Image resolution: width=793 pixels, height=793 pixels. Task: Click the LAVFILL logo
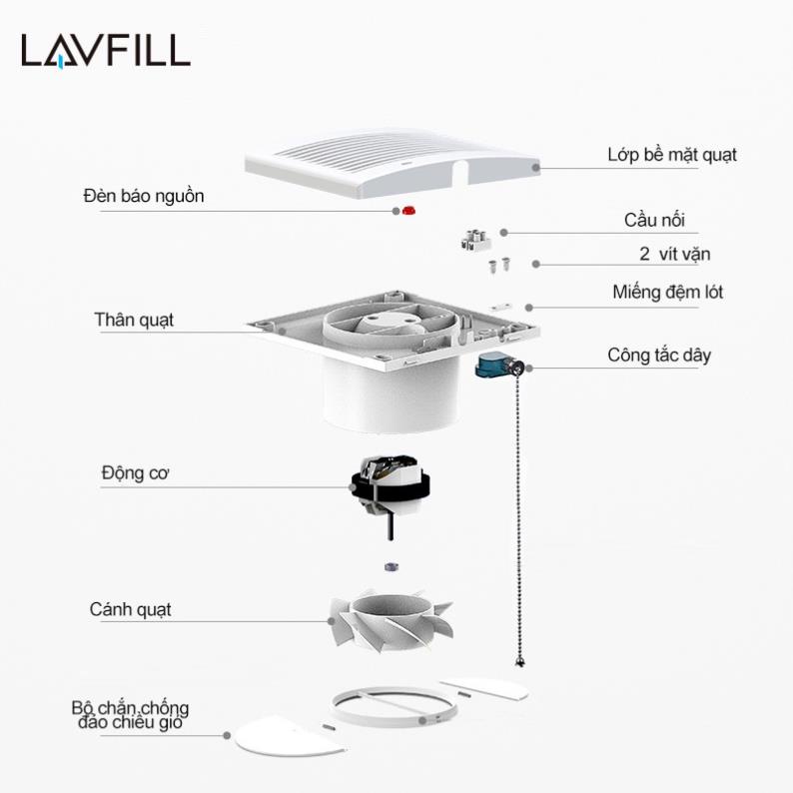[106, 50]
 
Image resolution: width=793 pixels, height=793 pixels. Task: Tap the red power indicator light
[408, 211]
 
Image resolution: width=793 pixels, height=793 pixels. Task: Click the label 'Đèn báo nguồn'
[143, 196]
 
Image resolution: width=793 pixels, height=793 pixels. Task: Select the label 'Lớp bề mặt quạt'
[672, 155]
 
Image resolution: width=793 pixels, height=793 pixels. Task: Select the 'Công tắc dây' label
[659, 355]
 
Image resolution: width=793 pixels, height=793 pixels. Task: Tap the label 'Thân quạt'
[134, 320]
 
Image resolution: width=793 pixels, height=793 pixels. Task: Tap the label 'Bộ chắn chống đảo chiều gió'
[130, 714]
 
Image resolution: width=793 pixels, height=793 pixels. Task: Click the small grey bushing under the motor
[391, 566]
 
